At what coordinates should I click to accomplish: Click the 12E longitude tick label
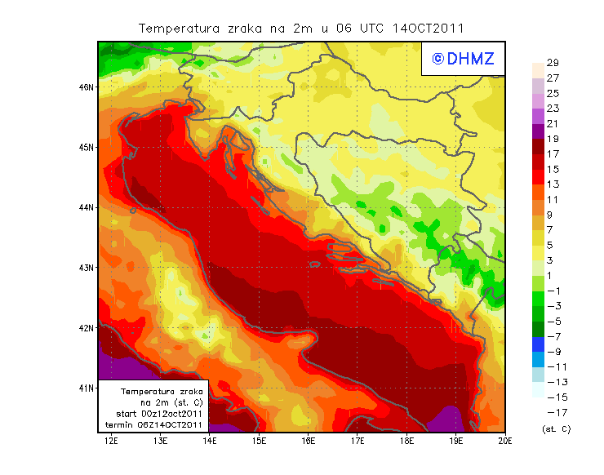point(112,442)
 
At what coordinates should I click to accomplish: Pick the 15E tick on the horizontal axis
point(260,442)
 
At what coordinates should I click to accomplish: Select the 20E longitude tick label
point(505,442)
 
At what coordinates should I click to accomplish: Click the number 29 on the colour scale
point(553,63)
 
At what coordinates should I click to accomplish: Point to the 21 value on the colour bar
point(553,123)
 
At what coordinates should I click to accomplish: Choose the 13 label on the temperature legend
point(553,184)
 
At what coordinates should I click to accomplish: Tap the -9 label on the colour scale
point(553,351)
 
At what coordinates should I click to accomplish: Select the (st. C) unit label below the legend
point(556,428)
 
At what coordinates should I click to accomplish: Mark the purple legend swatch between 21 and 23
point(538,116)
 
